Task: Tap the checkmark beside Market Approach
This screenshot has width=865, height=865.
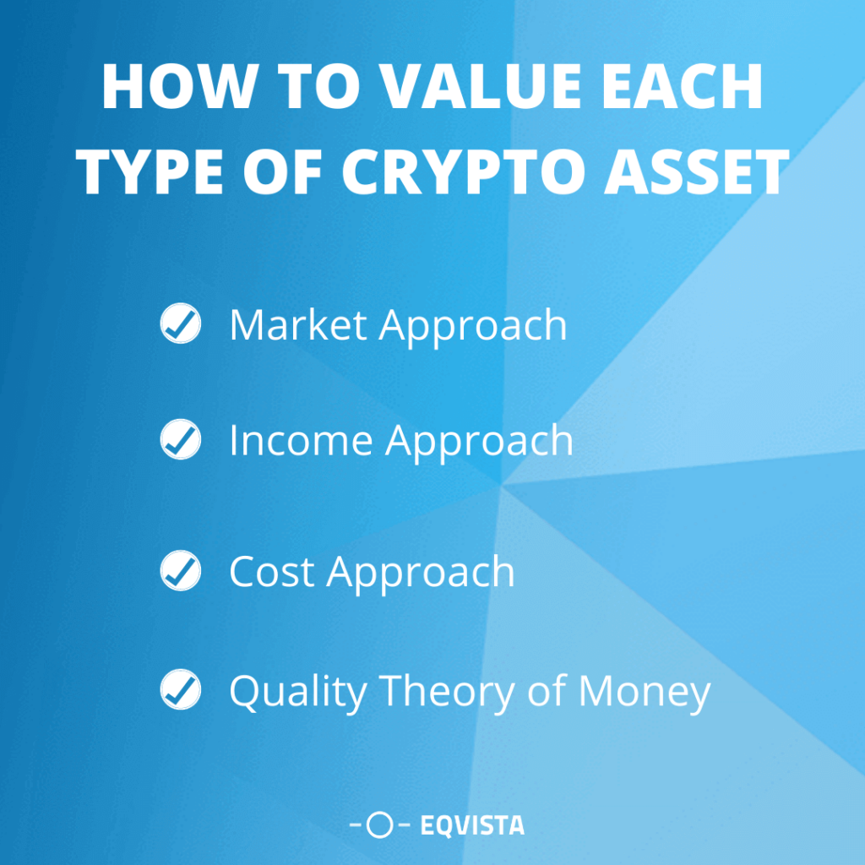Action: point(180,324)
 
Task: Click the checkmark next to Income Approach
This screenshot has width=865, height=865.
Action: point(180,440)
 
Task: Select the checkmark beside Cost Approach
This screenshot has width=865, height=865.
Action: point(180,572)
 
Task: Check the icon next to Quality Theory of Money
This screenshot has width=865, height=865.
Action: point(180,690)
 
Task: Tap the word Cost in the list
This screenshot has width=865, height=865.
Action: point(271,572)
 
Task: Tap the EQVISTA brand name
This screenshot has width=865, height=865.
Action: point(471,825)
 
